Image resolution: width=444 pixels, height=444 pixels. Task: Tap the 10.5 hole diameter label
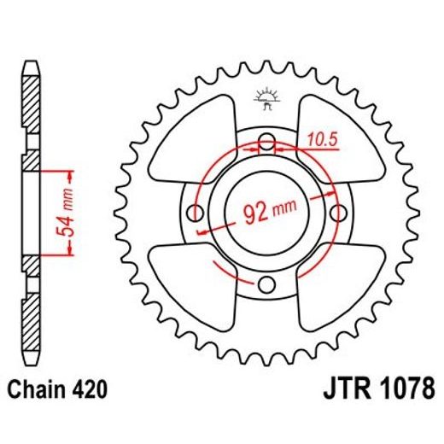(317, 135)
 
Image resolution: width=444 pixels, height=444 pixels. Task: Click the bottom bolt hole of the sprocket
(266, 283)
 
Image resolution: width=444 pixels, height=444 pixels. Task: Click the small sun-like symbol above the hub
(266, 100)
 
